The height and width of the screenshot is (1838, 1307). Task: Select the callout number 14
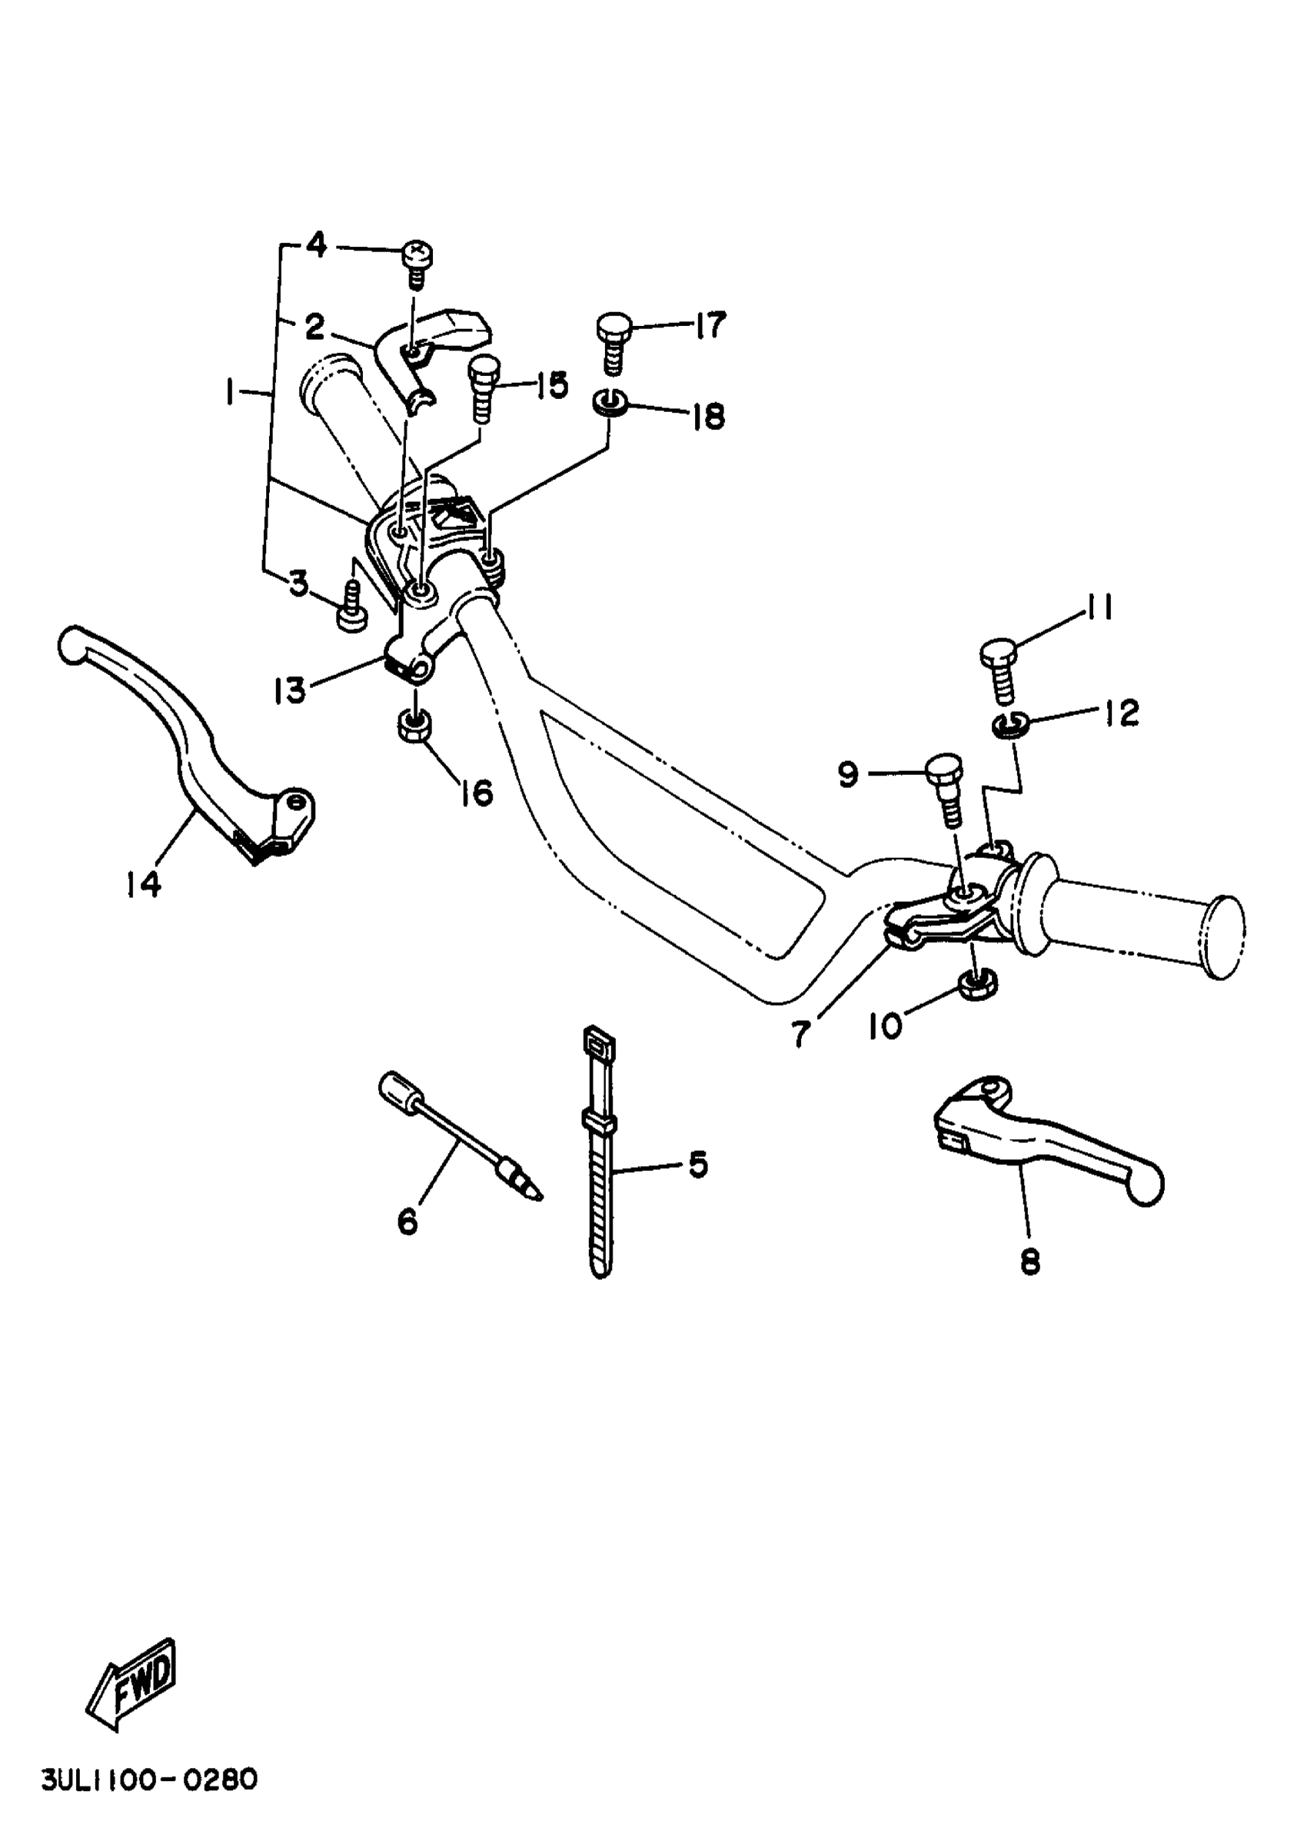tap(143, 884)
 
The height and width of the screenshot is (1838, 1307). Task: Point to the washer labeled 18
tap(612, 401)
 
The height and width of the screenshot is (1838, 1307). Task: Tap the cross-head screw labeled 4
tap(416, 261)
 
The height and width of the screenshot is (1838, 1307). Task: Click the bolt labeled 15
tap(483, 388)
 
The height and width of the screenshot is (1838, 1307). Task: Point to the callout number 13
tap(289, 689)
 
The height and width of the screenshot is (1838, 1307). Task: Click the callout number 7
tap(799, 1034)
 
